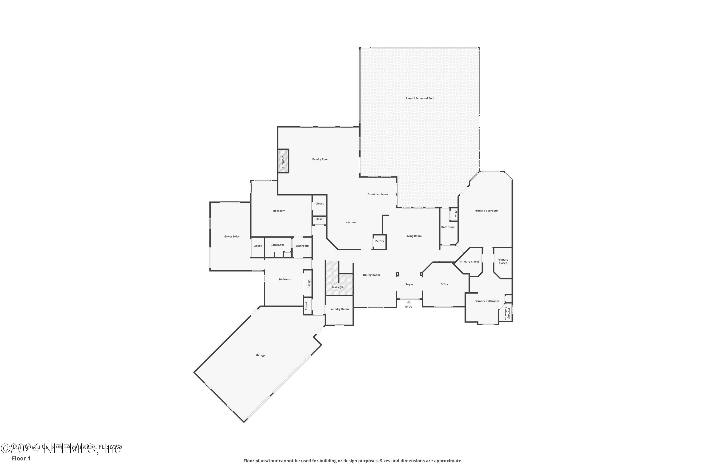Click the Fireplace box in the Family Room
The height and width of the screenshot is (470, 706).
tap(283, 161)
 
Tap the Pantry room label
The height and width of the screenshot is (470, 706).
tap(379, 241)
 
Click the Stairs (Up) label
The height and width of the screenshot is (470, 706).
tap(338, 287)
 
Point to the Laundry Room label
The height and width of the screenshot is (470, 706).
tap(339, 309)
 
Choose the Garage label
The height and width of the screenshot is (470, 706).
tap(261, 355)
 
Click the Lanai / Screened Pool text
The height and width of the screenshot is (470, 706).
tap(420, 98)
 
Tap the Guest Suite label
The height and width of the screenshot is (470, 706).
tap(232, 236)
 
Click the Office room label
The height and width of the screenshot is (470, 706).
tap(444, 284)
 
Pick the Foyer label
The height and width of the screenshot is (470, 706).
tap(409, 284)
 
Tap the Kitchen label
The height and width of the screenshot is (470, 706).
tap(350, 222)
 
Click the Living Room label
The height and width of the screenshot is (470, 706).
tap(413, 236)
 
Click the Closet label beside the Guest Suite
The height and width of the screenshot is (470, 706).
tap(257, 246)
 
